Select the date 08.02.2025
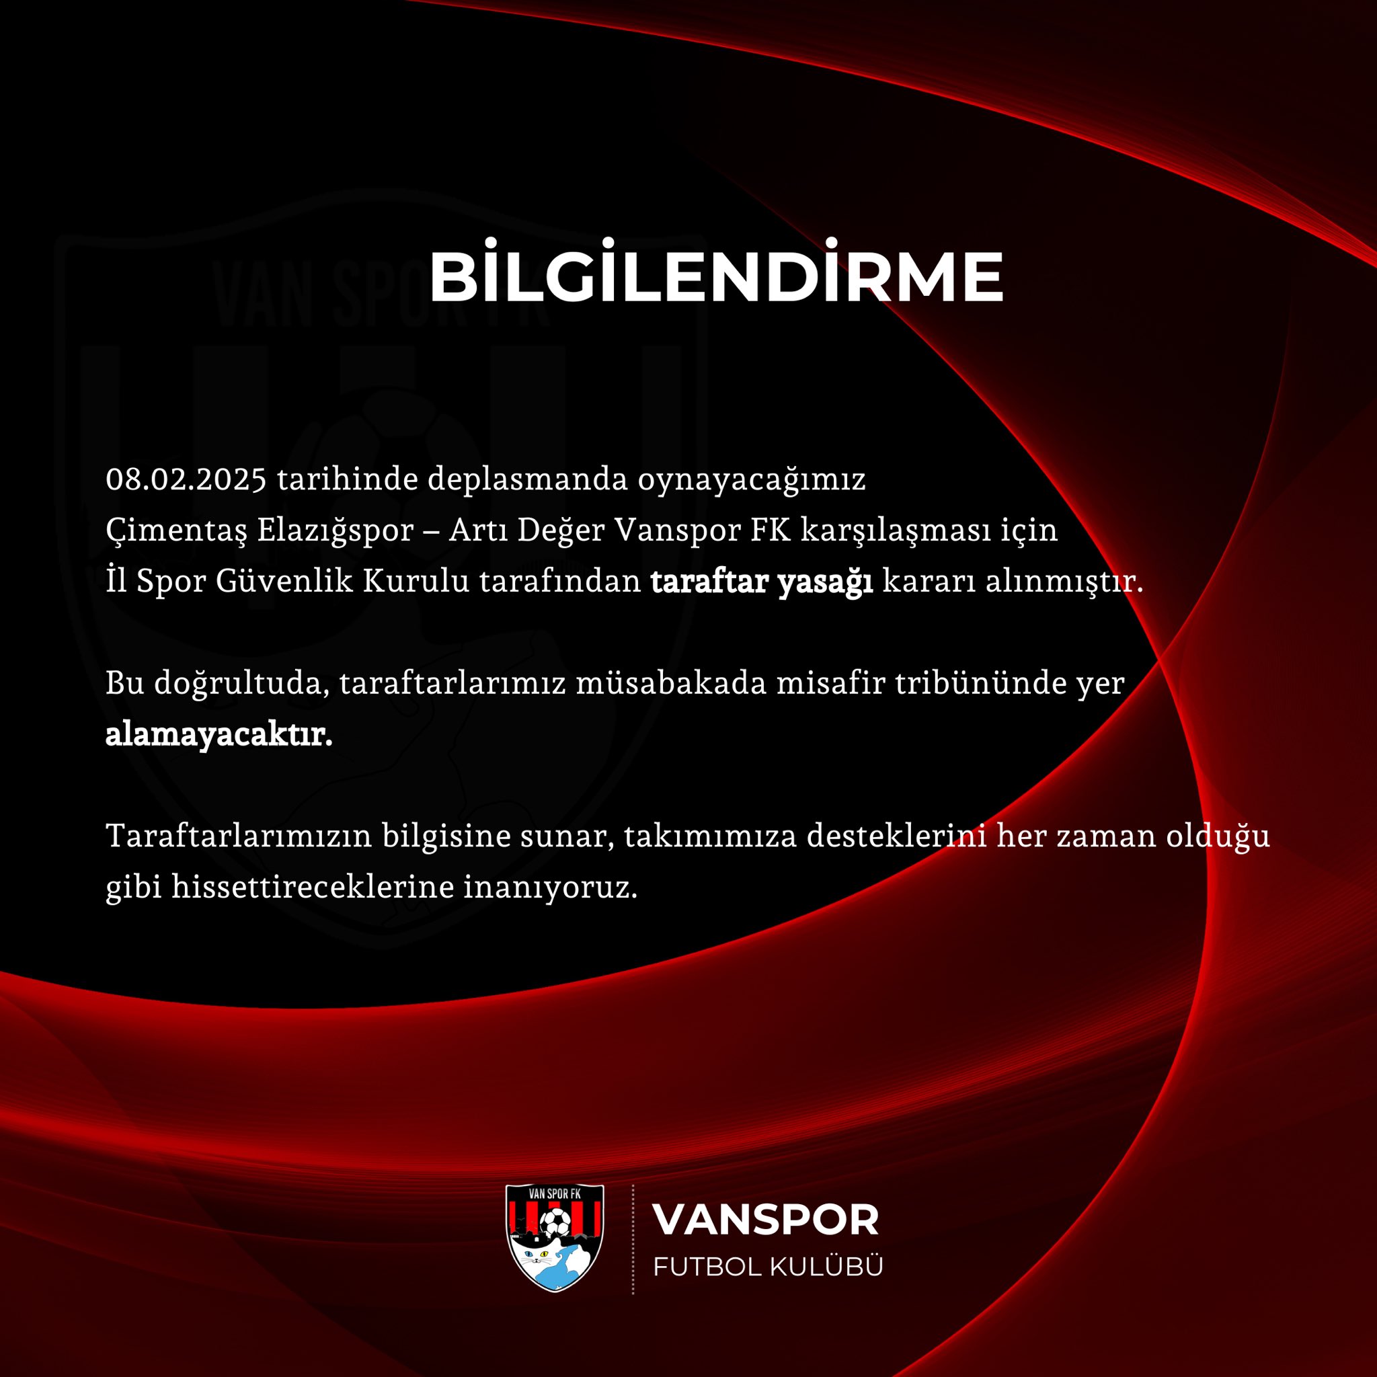(x=186, y=479)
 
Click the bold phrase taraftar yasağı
(x=761, y=582)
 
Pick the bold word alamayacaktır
(x=219, y=735)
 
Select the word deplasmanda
(x=527, y=479)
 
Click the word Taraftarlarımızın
(x=239, y=836)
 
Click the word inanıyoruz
(x=550, y=889)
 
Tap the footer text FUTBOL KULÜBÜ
(x=769, y=1267)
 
